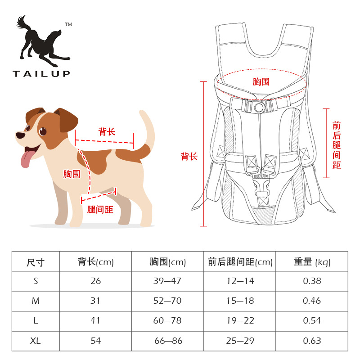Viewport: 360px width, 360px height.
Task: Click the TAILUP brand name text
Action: pyautogui.click(x=41, y=73)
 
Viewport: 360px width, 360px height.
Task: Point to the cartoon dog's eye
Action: pyautogui.click(x=43, y=131)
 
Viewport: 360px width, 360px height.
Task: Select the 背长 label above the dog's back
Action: pyautogui.click(x=107, y=131)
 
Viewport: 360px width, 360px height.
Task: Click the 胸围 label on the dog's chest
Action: pyautogui.click(x=72, y=174)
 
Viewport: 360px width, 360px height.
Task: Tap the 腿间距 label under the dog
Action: pyautogui.click(x=100, y=209)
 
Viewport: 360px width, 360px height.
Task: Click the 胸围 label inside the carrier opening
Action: pyautogui.click(x=261, y=82)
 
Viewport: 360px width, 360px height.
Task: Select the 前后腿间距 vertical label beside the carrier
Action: pyautogui.click(x=337, y=145)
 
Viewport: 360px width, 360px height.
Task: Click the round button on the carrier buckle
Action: pyautogui.click(x=258, y=107)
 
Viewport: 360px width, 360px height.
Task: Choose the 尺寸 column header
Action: pyautogui.click(x=36, y=262)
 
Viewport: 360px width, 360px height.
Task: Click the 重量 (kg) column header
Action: pyautogui.click(x=312, y=262)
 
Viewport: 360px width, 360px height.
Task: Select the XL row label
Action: pyautogui.click(x=36, y=341)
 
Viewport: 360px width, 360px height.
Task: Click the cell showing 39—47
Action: pyautogui.click(x=167, y=281)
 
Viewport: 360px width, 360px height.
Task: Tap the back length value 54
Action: pyautogui.click(x=95, y=341)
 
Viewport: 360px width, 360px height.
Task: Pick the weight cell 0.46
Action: pyautogui.click(x=312, y=301)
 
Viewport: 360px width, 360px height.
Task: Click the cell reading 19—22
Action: pyautogui.click(x=240, y=321)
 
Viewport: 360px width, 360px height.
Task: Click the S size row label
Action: pyautogui.click(x=36, y=281)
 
